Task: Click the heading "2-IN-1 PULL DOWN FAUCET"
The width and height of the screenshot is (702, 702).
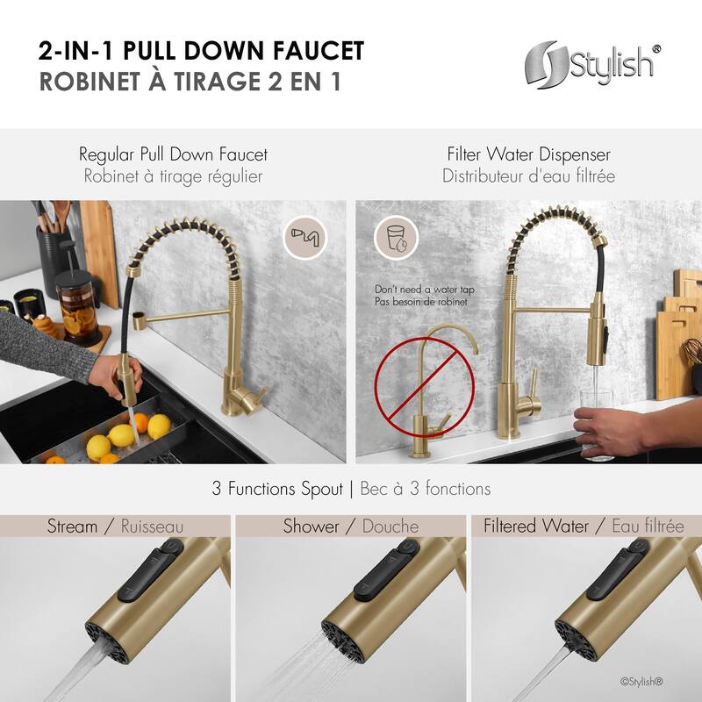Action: (x=201, y=50)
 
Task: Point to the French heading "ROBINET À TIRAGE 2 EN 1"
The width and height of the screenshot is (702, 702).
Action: (x=189, y=81)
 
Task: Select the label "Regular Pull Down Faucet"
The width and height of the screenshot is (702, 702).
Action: (x=173, y=154)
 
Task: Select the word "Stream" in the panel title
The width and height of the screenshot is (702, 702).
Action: (x=72, y=526)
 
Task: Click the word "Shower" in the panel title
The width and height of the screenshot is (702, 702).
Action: (x=311, y=526)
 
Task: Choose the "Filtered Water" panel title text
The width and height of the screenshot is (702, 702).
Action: (x=534, y=526)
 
